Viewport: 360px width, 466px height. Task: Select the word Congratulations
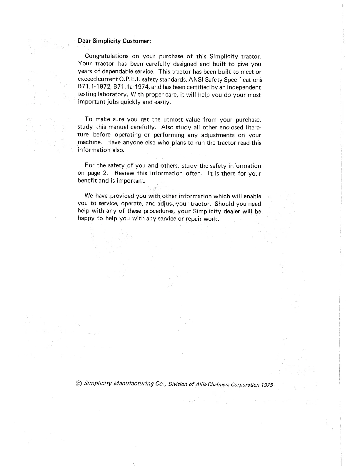tap(106, 56)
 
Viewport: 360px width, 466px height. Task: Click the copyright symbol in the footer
tap(79, 383)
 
